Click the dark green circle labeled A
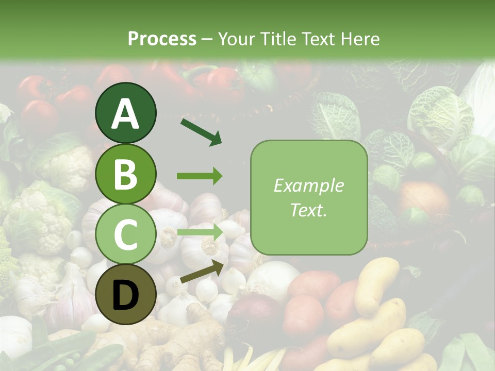coord(126,113)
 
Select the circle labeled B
coord(126,174)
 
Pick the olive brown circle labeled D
coord(126,294)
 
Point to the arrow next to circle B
coord(200,176)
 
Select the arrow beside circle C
coord(200,232)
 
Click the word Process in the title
coord(162,39)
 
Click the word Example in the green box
coord(308,186)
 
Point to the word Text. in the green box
coord(308,210)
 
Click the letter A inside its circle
coord(126,114)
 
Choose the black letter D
coord(126,295)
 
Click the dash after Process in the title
coord(207,40)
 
